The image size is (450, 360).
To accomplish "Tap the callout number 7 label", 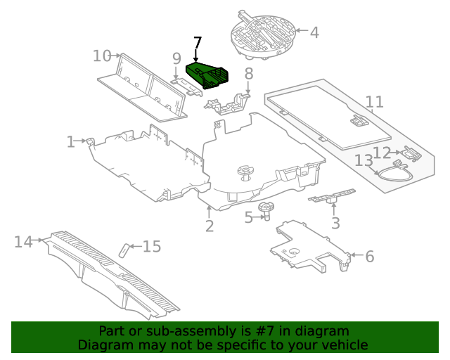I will coord(197,44).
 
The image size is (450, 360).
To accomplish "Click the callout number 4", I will coord(314,32).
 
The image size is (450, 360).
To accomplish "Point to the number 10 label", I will coord(102,56).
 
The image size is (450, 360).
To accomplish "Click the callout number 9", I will coord(176,58).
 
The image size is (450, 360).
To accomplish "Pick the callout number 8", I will coord(248,74).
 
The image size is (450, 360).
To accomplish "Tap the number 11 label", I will coord(374,102).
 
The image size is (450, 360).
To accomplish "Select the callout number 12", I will coord(382,153).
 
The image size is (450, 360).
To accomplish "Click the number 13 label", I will coord(363,161).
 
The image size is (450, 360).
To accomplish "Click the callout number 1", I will coord(70,142).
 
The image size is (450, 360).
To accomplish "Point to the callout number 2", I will coord(210,226).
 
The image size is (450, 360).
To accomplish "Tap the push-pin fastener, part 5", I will coord(266,208).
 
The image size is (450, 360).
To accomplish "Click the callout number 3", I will coord(335,224).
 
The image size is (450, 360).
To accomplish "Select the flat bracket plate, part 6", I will coord(309,246).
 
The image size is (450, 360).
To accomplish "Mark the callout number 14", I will coord(24,242).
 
